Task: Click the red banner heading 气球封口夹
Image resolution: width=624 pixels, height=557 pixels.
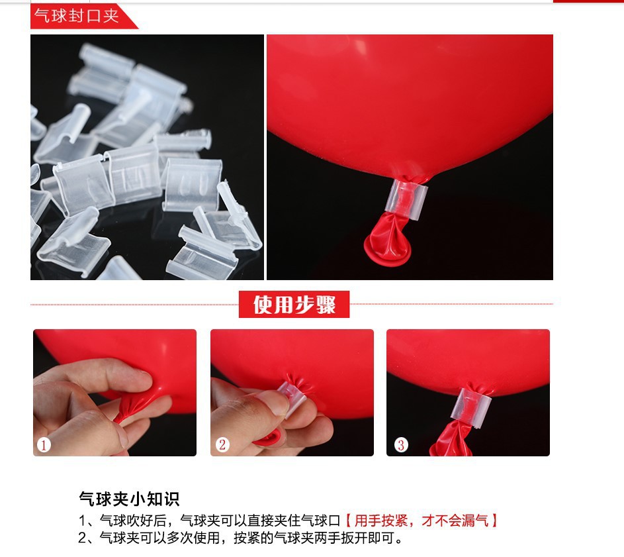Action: click(77, 16)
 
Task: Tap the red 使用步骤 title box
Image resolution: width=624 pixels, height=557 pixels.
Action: click(294, 305)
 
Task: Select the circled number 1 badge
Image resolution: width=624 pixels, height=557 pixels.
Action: click(44, 445)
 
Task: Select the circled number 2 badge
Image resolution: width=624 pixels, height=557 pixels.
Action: click(222, 445)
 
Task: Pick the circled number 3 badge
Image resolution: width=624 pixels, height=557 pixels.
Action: click(400, 445)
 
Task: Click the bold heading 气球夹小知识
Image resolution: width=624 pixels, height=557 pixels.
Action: click(129, 499)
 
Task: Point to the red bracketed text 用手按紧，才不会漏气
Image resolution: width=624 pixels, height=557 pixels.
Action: click(421, 521)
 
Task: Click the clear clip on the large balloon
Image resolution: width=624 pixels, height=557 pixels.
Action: click(407, 197)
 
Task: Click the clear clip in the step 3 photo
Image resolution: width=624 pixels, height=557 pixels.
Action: click(467, 405)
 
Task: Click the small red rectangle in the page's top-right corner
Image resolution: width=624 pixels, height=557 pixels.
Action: click(588, 1)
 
